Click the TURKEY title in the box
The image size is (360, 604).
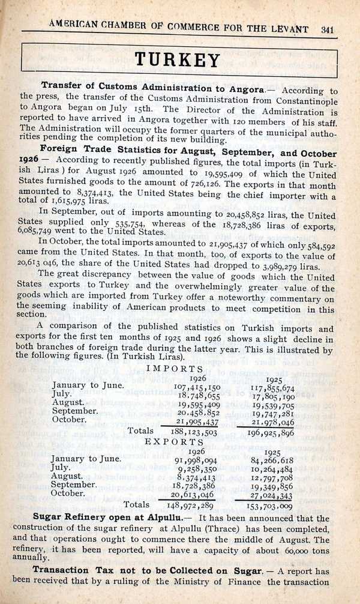point(178,60)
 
